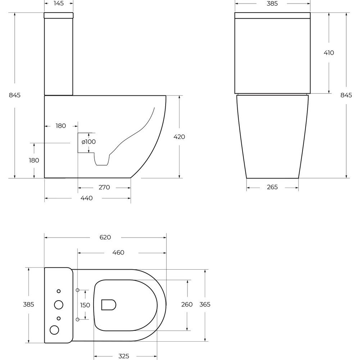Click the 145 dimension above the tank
[59, 3]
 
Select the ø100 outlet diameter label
[89, 141]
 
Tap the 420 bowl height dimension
[179, 137]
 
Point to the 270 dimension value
[104, 187]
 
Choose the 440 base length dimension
[86, 198]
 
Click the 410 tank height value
[329, 53]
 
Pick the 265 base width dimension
[272, 187]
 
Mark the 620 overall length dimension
[105, 237]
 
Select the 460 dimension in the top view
[118, 253]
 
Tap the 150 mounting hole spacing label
[85, 305]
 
